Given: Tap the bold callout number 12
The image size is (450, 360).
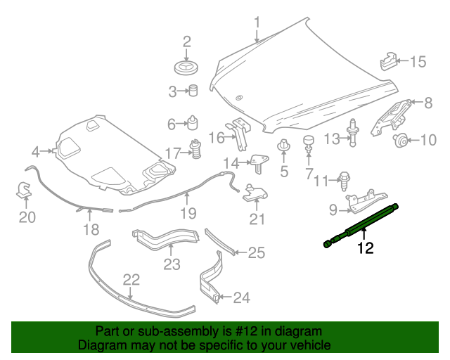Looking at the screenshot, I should coord(365,247).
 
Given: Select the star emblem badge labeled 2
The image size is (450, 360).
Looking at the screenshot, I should coord(187,68).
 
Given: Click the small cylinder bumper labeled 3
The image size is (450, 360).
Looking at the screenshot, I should coord(191,90).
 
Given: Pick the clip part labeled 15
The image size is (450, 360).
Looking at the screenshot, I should coord(390,61).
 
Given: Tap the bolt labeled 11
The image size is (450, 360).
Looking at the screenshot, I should coord(346,179).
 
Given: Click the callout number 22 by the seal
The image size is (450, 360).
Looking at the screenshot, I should coord(131,280).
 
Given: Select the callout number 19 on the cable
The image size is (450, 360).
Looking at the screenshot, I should coord(187,213).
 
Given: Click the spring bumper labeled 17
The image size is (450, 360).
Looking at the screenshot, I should coord(197,150).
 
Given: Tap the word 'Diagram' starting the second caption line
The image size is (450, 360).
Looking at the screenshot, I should coord(99,346).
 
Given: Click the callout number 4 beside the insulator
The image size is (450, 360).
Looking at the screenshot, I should coord(36,150).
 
